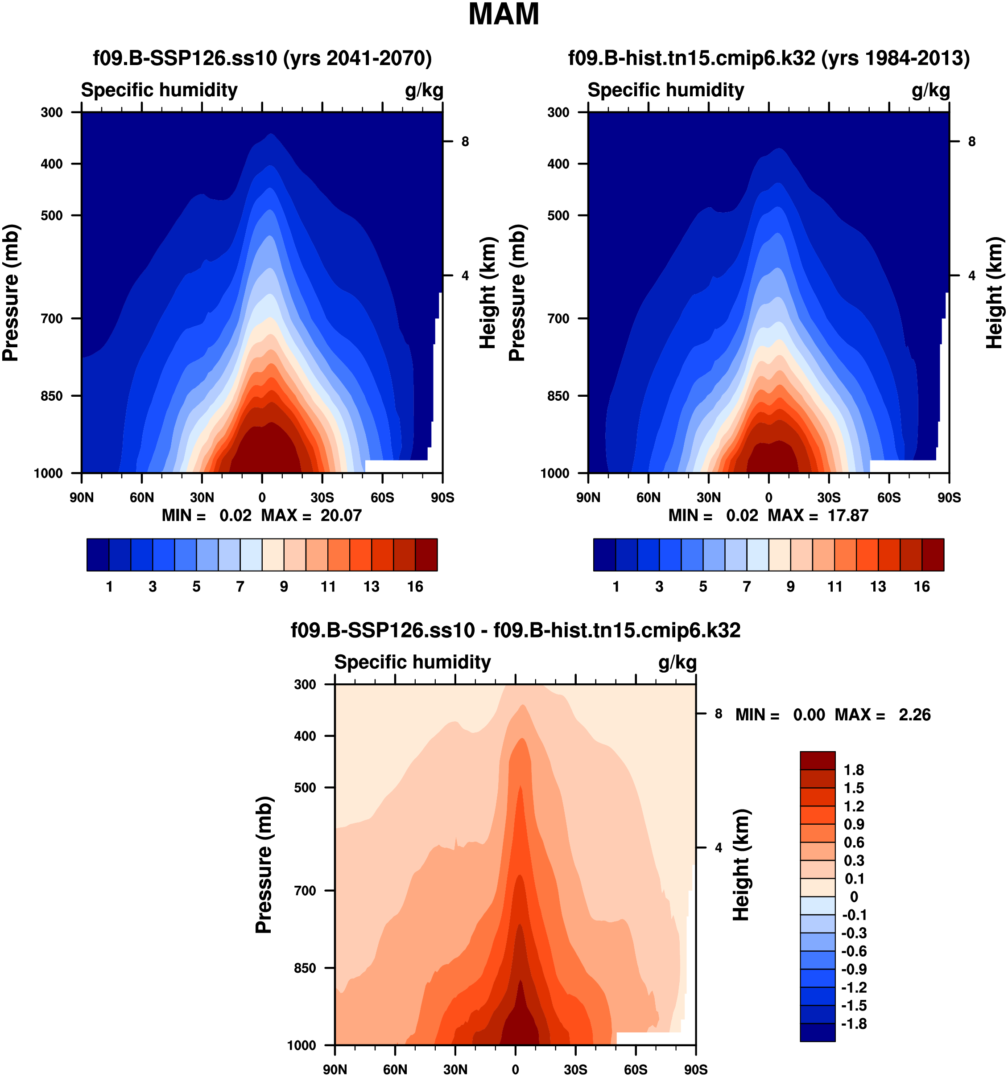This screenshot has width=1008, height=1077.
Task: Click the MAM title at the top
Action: coord(504,15)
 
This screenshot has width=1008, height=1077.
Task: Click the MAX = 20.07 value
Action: coord(340,515)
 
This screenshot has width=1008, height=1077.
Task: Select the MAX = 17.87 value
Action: coord(847,515)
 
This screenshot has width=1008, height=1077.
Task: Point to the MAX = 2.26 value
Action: coord(914,715)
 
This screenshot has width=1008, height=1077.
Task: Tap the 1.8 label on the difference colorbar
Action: coord(854,770)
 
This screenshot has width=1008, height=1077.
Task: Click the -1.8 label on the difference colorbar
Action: coord(854,1024)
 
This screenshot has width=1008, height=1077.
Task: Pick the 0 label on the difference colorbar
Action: coord(854,896)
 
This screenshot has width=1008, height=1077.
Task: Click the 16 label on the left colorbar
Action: coord(415,586)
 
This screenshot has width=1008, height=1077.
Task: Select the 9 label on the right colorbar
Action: coord(791,586)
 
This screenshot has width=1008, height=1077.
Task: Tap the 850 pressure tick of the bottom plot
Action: coord(305,968)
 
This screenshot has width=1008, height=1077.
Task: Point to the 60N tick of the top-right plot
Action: coord(648,497)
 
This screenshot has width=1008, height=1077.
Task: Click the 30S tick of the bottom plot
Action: coord(575,1069)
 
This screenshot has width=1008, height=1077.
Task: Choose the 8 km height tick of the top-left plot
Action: coord(465,141)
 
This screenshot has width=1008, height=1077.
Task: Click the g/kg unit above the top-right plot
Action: coord(930,90)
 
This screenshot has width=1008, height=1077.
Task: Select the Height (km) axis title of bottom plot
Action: coord(741,865)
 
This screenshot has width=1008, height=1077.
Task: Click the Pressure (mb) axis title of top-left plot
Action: coord(10,292)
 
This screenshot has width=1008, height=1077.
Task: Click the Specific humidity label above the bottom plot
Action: coord(413,662)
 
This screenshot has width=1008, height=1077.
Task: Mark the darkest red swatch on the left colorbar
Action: coord(426,555)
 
